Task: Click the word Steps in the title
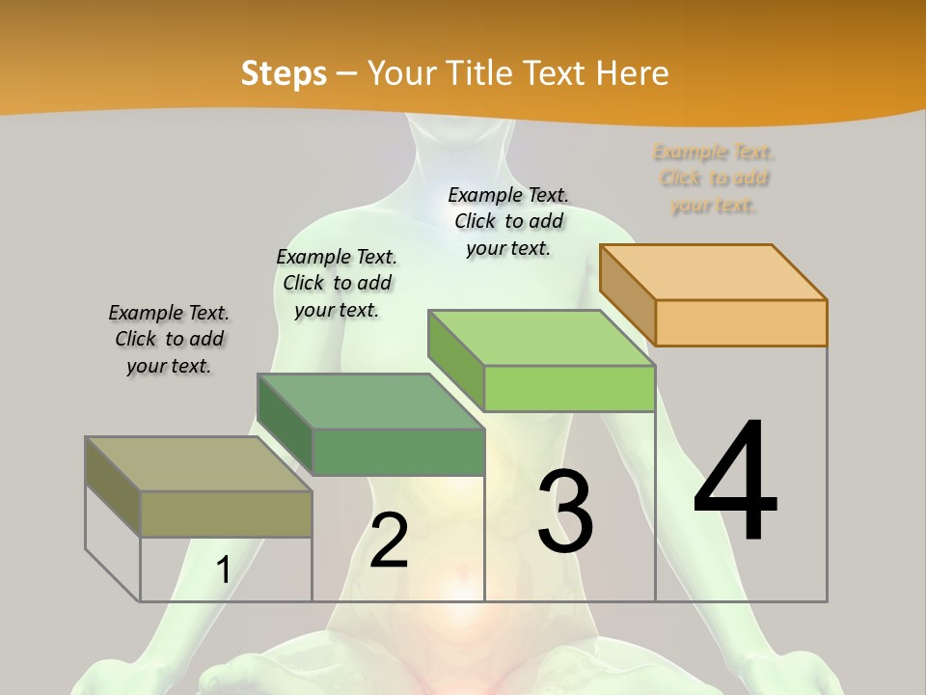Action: (x=284, y=73)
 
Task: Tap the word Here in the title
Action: (x=632, y=73)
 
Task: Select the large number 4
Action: (x=735, y=483)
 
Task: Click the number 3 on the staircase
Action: (x=565, y=512)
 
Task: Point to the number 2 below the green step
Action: (x=389, y=541)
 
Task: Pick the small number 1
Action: (x=223, y=570)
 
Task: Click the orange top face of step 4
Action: (x=714, y=272)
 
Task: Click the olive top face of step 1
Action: (x=199, y=464)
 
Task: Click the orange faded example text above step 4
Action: (x=714, y=179)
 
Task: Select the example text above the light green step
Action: (x=508, y=221)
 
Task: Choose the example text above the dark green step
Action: (x=337, y=283)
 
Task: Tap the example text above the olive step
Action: (x=169, y=339)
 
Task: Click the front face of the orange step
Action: (x=741, y=322)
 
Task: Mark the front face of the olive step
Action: (x=226, y=514)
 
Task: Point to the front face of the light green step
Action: (x=569, y=388)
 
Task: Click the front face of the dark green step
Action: (x=397, y=452)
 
